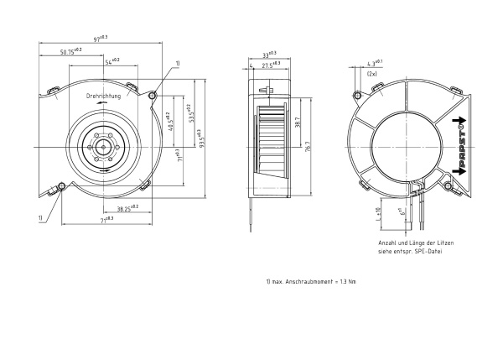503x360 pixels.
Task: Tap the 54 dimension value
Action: (111, 60)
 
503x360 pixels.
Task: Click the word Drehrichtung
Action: (104, 97)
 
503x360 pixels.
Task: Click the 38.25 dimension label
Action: (127, 206)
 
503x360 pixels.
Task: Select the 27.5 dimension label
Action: (272, 64)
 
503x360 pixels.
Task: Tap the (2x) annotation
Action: (371, 73)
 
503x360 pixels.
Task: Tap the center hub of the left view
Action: (102, 146)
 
